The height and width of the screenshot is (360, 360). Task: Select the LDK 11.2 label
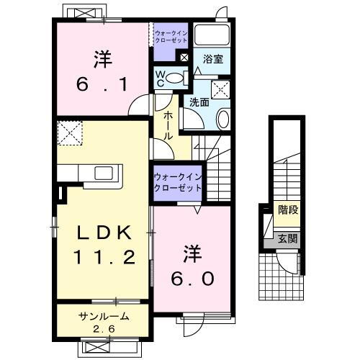pos(104,246)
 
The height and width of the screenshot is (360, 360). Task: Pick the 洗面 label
pos(199,102)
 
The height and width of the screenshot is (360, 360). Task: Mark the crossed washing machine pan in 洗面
pos(220,89)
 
